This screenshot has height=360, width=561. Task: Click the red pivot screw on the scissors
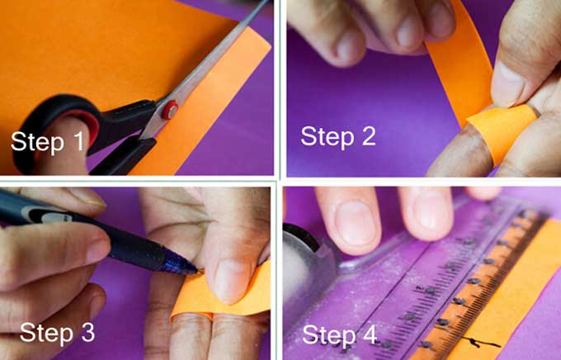[170, 110]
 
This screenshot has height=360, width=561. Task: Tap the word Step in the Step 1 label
[37, 142]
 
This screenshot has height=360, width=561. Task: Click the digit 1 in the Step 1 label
[78, 140]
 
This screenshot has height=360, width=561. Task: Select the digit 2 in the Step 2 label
[369, 135]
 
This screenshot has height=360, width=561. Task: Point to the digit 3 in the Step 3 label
[87, 332]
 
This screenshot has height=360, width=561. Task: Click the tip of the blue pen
[197, 271]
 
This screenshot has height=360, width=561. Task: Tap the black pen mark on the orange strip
[479, 343]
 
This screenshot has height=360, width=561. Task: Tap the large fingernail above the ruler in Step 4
[355, 225]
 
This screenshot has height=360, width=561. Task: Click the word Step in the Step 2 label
[328, 138]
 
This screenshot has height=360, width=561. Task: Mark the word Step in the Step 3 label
[47, 334]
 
